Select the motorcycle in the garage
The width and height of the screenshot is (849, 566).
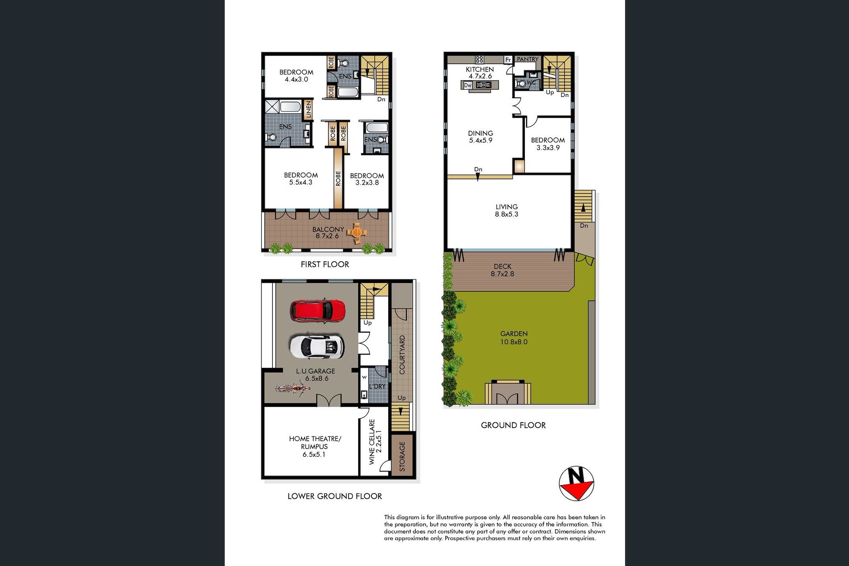coord(292,389)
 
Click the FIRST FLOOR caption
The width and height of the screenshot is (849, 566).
coord(325,264)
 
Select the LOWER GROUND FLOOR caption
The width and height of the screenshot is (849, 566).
coord(335,496)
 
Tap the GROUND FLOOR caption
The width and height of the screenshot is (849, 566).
coord(513,425)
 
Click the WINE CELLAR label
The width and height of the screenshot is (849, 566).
coord(372,442)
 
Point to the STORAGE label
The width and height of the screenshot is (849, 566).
coord(402,457)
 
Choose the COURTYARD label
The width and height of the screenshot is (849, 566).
coord(402,355)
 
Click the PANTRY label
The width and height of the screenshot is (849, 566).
coord(528,59)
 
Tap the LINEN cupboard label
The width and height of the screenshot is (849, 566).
coord(308,110)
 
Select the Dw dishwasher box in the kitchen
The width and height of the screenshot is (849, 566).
coord(468,85)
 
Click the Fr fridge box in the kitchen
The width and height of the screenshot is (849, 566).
coord(509,59)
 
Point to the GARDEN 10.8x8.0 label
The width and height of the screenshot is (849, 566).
coord(514,338)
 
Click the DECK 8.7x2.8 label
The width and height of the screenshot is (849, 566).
coord(503,270)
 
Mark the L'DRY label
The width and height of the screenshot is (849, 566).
coord(377,386)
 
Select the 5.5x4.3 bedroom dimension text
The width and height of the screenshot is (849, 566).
coord(301,182)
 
